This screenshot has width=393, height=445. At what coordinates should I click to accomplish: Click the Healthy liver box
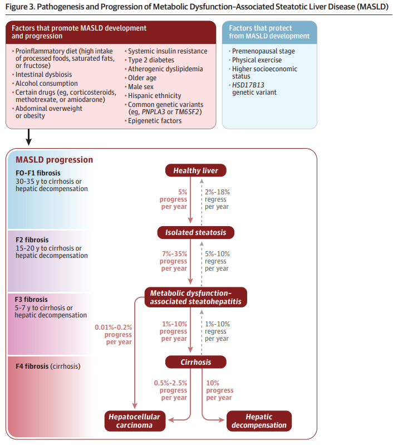coord(195,170)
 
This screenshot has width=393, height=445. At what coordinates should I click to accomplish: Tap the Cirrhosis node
coord(195,362)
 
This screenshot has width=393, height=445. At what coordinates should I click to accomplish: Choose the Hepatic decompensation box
coord(258,421)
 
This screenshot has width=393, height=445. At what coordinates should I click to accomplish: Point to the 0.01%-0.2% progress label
coord(114,335)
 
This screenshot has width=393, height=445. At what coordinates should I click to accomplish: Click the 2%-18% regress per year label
coord(217,199)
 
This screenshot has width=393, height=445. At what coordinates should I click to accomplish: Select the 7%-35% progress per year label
coord(174,261)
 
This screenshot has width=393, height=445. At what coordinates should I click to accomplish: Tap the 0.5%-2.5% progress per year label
coord(171,390)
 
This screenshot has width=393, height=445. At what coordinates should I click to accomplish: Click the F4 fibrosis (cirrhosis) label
coord(47,366)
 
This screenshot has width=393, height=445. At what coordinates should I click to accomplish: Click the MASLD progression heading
coord(55,160)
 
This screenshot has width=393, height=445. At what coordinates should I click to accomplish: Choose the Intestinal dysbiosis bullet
coord(43,75)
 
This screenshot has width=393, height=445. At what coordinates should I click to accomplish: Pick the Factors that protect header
coord(269,32)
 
